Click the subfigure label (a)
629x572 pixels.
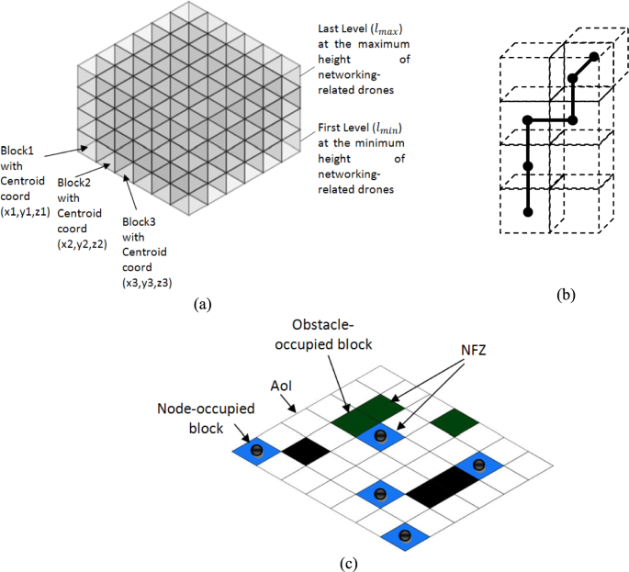pyautogui.click(x=203, y=304)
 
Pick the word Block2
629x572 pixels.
pyautogui.click(x=74, y=184)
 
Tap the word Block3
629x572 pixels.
pyautogui.click(x=140, y=220)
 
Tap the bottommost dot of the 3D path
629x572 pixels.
pyautogui.click(x=527, y=212)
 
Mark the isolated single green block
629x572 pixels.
pyautogui.click(x=454, y=422)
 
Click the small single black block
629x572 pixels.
pyautogui.click(x=304, y=450)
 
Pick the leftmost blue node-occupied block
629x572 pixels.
pyautogui.click(x=256, y=450)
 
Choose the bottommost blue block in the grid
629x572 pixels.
pyautogui.click(x=405, y=535)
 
